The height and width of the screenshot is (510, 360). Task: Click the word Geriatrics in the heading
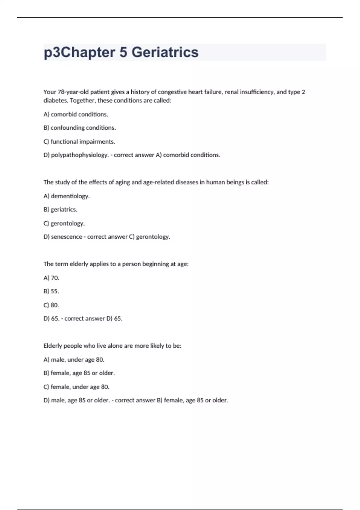pos(165,52)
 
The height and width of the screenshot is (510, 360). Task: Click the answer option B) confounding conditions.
pos(79,128)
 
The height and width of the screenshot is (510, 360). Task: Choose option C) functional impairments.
pos(79,142)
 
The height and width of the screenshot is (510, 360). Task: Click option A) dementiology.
pos(67,196)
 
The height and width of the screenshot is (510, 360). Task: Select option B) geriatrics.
pos(60,210)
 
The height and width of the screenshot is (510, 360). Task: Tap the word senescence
pos(67,237)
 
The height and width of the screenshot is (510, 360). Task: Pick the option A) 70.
pos(51,278)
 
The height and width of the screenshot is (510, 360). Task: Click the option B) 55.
pos(51,291)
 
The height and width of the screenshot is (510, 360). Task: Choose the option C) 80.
pos(51,305)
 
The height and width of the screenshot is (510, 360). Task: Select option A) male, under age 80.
pos(74,359)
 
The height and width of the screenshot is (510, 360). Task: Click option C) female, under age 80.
pos(76,387)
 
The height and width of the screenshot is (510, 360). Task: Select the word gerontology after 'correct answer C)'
pos(153,237)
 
